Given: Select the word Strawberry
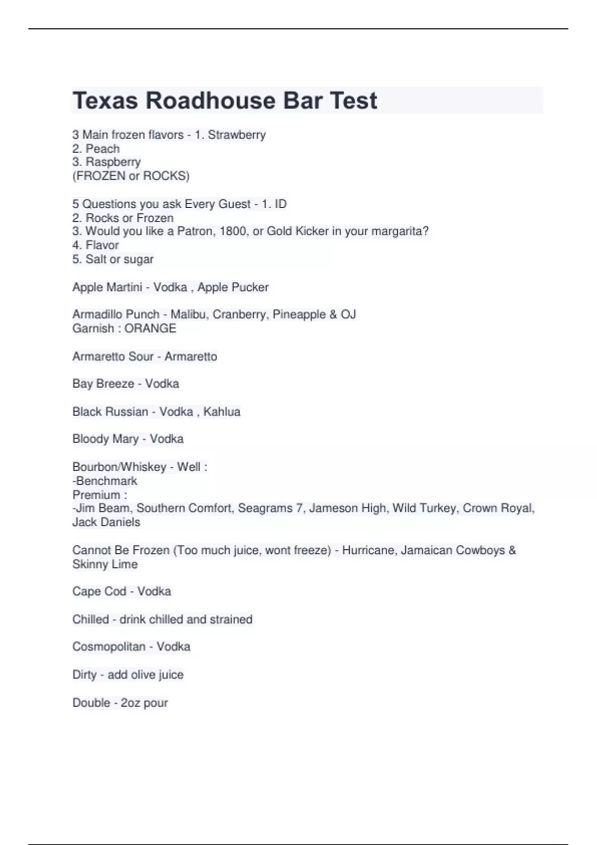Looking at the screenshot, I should point(237,135).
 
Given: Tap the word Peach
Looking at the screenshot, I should point(102,149).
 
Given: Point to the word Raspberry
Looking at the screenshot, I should point(113,162).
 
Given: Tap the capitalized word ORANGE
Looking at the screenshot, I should point(150,329).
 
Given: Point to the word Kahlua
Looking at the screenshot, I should point(222,412).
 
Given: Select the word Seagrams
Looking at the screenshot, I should point(265,508).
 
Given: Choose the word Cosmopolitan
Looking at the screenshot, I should point(108,647).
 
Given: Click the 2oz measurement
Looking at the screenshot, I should point(130,703).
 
